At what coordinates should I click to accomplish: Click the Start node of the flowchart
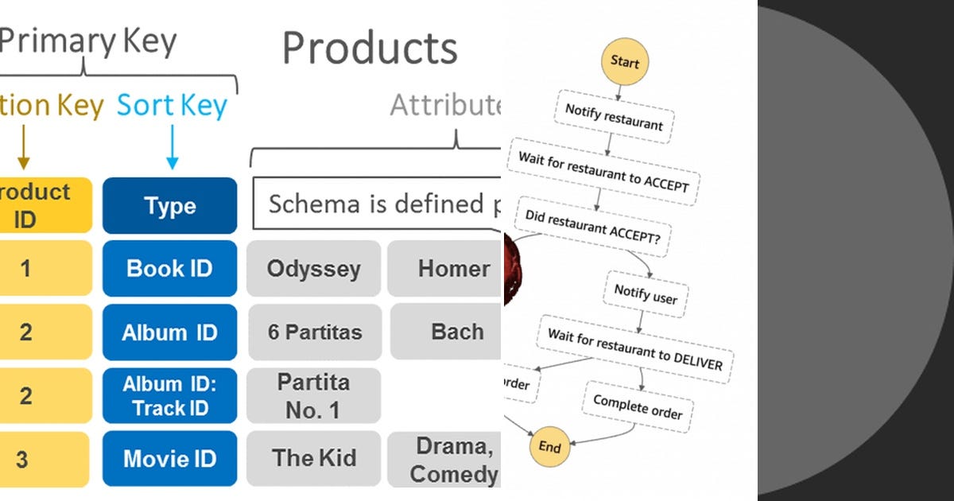click(x=625, y=62)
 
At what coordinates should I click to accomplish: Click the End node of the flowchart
click(x=550, y=447)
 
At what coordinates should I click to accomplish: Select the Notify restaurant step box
click(x=614, y=118)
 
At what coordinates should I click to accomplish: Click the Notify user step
click(x=646, y=294)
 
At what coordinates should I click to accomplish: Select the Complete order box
click(x=638, y=406)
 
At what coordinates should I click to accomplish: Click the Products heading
click(x=370, y=48)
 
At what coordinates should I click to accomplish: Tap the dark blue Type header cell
click(x=169, y=206)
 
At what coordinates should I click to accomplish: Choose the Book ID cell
click(x=169, y=268)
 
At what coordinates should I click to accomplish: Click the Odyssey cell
click(x=313, y=268)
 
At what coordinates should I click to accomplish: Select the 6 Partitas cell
click(x=314, y=332)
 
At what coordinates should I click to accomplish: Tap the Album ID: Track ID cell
click(x=169, y=395)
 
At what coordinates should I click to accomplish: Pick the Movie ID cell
click(x=169, y=459)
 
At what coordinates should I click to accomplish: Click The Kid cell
click(x=314, y=459)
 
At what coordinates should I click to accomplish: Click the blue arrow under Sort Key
click(x=172, y=148)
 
